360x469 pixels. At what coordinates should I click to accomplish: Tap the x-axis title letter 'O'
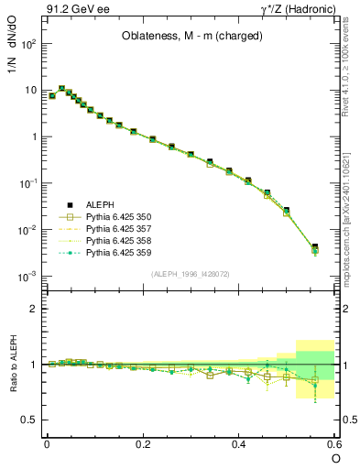pos(334,457)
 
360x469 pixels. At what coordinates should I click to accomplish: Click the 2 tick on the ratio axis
pos(33,309)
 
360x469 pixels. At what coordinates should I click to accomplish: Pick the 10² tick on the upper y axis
pos(27,44)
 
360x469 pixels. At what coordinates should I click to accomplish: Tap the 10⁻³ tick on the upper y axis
pos(27,276)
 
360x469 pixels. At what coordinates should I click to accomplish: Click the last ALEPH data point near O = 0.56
pos(314,247)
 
